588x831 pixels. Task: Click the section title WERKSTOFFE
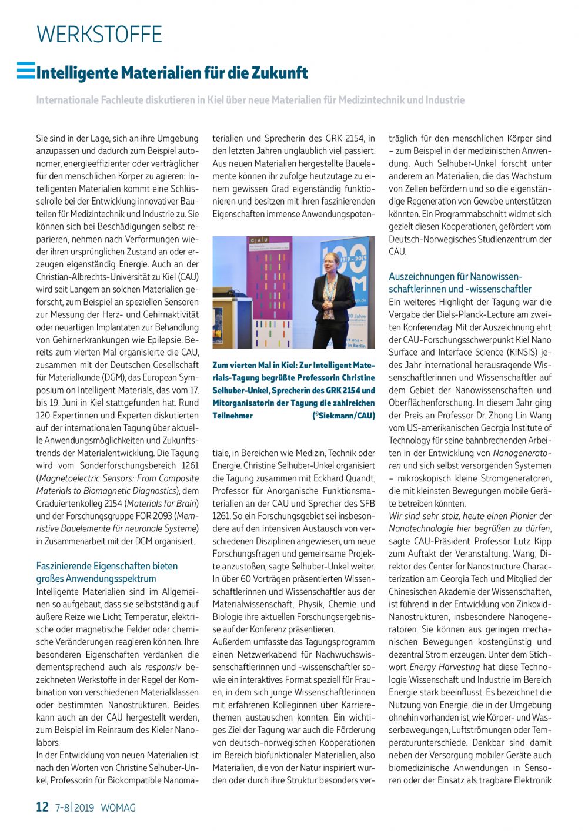tap(99, 35)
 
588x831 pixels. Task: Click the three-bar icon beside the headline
tap(26, 71)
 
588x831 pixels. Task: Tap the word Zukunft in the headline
tap(279, 73)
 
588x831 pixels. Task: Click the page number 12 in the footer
tap(42, 807)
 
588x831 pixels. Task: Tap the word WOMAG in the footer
tap(118, 807)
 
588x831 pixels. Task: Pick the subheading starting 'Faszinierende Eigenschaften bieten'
tap(107, 566)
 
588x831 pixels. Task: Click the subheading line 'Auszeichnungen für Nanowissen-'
tap(456, 276)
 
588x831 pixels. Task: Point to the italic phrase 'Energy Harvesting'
tap(444, 667)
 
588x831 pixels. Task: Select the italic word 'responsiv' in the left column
tap(163, 667)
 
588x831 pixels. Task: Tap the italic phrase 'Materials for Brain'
tap(162, 503)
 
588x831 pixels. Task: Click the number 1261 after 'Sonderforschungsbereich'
tap(190, 465)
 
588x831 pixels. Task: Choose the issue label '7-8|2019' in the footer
tap(75, 807)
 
